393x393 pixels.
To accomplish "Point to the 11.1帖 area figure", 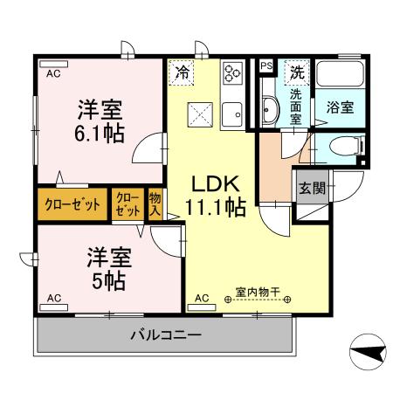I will click(215, 208).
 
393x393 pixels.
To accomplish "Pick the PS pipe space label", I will click(265, 66).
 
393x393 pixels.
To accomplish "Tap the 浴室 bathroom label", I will click(340, 108).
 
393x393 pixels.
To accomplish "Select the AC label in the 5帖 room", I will click(54, 299).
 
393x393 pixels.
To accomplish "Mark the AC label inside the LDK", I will click(202, 299).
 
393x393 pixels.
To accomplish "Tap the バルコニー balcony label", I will click(167, 335).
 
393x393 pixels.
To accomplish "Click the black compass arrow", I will click(367, 352).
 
